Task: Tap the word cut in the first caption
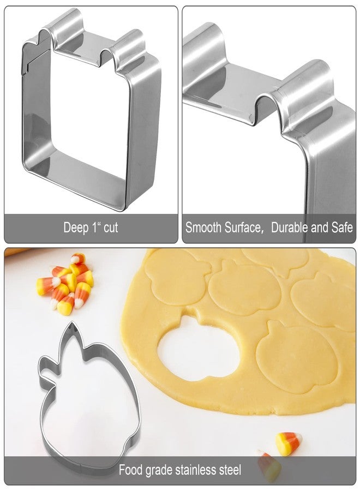tap(111, 227)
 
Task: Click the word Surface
tap(243, 227)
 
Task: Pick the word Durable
tap(290, 227)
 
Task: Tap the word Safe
tap(342, 227)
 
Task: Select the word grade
tap(159, 471)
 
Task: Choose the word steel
tap(230, 470)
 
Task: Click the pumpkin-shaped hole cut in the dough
tap(199, 348)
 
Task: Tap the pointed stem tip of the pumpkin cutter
tap(73, 323)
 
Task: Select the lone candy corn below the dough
tap(287, 443)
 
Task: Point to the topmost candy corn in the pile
tap(77, 259)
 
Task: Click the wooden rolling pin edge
tap(16, 251)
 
